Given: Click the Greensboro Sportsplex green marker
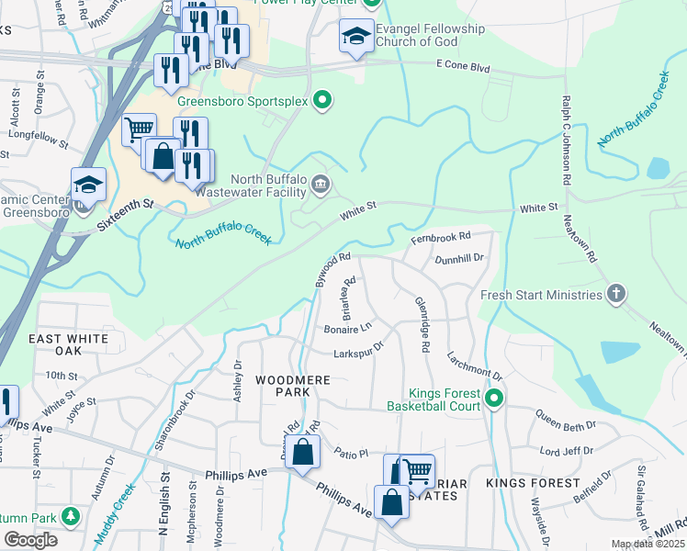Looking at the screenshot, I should pos(322,101).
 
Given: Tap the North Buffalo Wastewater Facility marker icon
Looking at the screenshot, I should pos(320,185).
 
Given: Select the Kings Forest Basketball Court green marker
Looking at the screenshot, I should pos(494,398).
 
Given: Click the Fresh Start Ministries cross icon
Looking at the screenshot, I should pos(616,295).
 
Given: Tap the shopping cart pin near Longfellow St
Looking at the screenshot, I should pos(139,129).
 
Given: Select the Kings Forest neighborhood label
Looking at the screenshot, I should pos(533,483).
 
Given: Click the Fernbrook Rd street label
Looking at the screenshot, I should pos(442,237).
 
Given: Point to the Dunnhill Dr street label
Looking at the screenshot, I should pos(459,259).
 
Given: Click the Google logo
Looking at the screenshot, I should pos(30,540).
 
